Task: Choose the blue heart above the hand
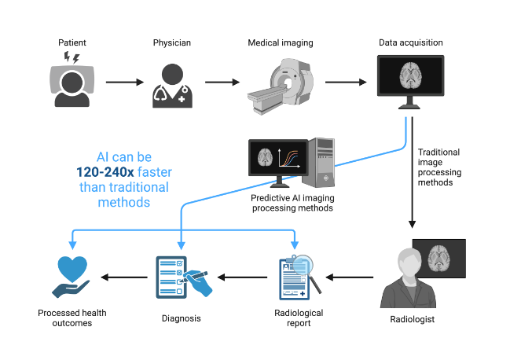[78, 269]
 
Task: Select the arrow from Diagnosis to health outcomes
[125, 277]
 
